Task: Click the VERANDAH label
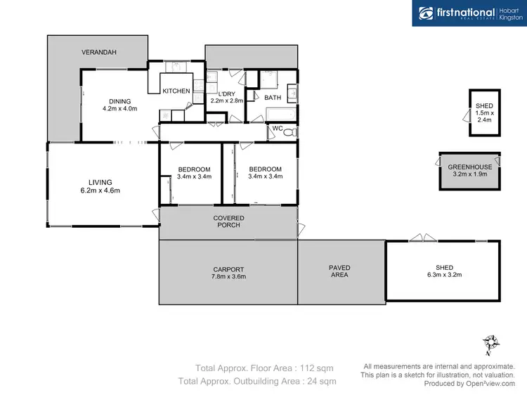[98, 53]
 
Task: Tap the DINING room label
[119, 101]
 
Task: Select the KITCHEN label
[176, 91]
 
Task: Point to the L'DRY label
[226, 93]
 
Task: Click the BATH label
[273, 98]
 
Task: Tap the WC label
[277, 129]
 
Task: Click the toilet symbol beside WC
[292, 131]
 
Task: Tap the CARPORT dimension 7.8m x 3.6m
[228, 276]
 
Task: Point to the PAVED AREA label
[339, 272]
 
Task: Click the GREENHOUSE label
[470, 167]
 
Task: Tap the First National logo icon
[426, 13]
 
